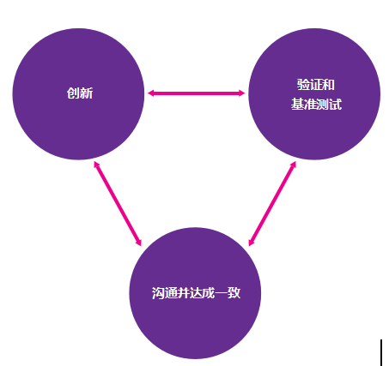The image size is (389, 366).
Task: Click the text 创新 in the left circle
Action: point(80,93)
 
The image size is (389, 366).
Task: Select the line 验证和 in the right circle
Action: point(316,85)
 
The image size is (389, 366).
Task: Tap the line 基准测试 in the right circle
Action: point(316,104)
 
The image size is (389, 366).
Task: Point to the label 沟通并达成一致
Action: point(196,293)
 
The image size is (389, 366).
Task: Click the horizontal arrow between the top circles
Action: point(196,93)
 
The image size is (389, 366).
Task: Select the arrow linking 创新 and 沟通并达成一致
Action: point(118,203)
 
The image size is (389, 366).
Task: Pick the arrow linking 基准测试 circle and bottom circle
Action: point(272,203)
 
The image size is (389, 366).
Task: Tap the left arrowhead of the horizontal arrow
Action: point(150,93)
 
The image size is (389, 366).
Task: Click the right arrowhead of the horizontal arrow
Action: point(242,93)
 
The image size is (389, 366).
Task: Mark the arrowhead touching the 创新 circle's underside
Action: point(97,165)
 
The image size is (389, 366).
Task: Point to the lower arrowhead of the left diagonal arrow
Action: point(138,243)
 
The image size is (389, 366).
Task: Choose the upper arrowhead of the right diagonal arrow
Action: point(293,165)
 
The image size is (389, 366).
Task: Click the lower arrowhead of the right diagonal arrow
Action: point(252,243)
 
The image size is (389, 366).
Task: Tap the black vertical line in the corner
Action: point(381,352)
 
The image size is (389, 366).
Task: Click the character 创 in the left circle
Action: point(73,93)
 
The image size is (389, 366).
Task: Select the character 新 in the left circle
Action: point(87,93)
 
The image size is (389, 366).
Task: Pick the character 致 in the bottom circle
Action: point(234,293)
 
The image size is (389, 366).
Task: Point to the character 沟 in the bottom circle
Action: point(158,293)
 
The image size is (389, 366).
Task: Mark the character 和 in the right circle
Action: point(328,85)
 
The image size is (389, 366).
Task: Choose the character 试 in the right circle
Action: point(336,104)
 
